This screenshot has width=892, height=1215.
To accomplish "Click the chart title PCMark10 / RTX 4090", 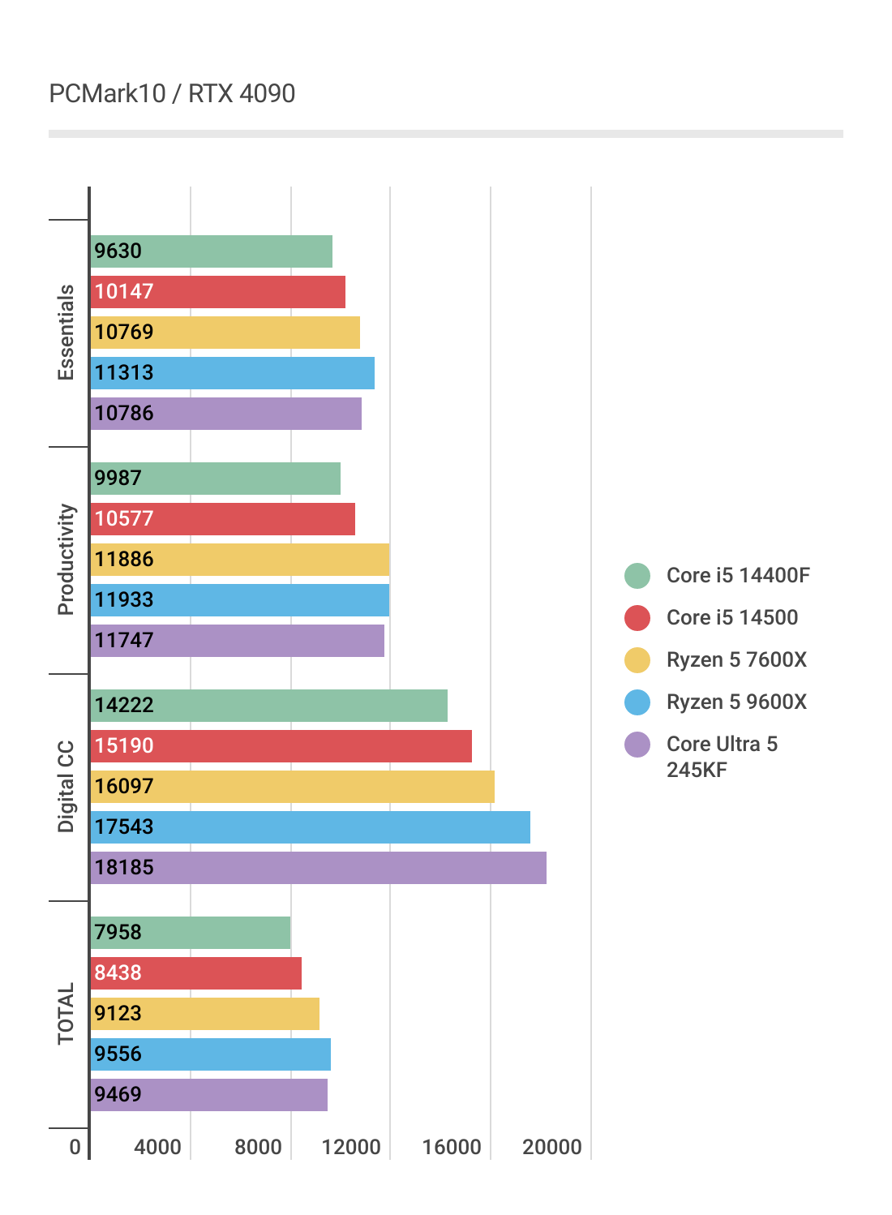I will pos(172,94).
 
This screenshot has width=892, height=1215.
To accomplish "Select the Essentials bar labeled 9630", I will pos(211,251).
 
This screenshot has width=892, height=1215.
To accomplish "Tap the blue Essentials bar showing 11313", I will pos(232,373).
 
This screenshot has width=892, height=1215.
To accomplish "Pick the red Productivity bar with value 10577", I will pos(222,519).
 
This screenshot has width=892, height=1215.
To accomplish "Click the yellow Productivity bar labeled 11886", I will pos(239,560).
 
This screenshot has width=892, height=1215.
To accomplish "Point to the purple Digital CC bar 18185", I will pos(318,868).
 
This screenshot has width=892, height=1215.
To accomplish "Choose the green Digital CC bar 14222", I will pos(268,706).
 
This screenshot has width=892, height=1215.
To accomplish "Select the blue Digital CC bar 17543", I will pos(310,827).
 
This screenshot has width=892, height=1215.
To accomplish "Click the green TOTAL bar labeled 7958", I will pos(190,933).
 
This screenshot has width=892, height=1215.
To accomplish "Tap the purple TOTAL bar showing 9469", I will pos(208,1095).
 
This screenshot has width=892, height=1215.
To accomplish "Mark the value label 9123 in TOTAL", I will pos(118,1014).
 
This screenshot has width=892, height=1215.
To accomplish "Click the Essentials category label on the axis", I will pos(66,333).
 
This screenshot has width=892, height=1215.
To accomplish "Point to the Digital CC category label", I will pos(66,787).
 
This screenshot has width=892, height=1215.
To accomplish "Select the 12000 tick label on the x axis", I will pos(351,1147).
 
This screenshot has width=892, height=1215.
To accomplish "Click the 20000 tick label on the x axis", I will pos(552,1147).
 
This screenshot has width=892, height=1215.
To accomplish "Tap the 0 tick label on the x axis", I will pos(75,1147).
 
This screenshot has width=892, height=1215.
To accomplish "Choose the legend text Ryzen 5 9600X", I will pos(736,702).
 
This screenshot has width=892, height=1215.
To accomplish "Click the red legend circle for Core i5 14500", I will pos(637,618).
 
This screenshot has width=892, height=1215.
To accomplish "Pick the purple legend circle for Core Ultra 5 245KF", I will pos(637,745).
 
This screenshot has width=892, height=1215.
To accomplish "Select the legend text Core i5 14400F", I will pos(738,576).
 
